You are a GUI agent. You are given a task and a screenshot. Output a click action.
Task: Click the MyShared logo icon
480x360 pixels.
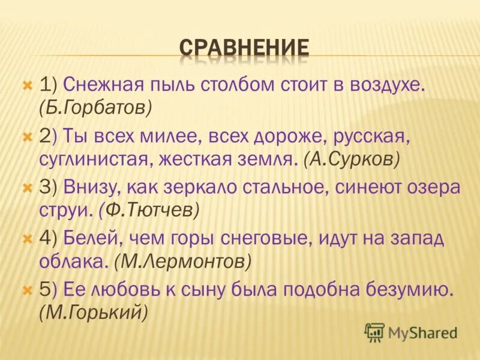coord(374,332)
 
